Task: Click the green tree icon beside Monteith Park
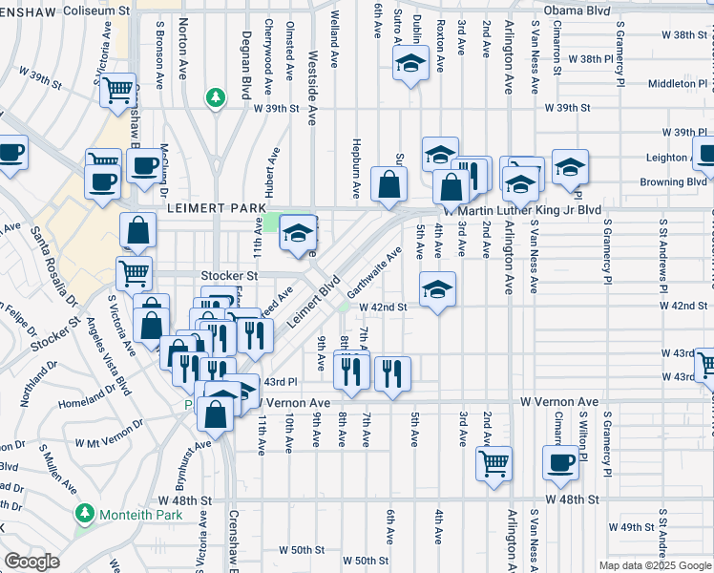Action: (x=86, y=514)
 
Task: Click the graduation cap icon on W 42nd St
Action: (x=438, y=289)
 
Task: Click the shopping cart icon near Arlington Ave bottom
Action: (x=493, y=464)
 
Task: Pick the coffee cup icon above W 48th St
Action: (x=560, y=464)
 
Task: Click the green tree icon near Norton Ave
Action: (x=217, y=96)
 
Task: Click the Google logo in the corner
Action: (x=31, y=562)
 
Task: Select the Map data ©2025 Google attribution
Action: (x=654, y=565)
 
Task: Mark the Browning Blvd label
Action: (x=673, y=181)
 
